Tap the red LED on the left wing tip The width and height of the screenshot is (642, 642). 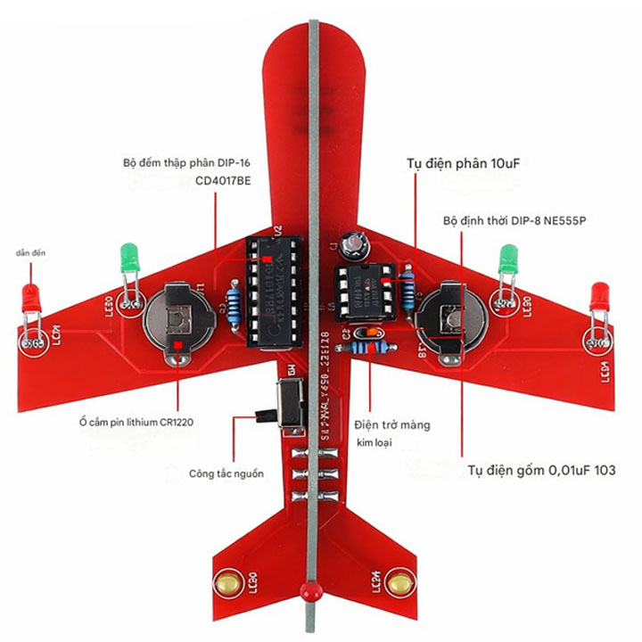pos(30,299)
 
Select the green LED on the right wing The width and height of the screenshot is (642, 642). pos(509,259)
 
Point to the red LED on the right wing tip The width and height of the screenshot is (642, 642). pos(599,296)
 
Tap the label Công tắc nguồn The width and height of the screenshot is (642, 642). pos(226,473)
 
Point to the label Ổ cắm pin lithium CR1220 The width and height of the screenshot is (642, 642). pos(135,421)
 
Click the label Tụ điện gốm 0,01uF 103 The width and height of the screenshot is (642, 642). pos(540,471)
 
